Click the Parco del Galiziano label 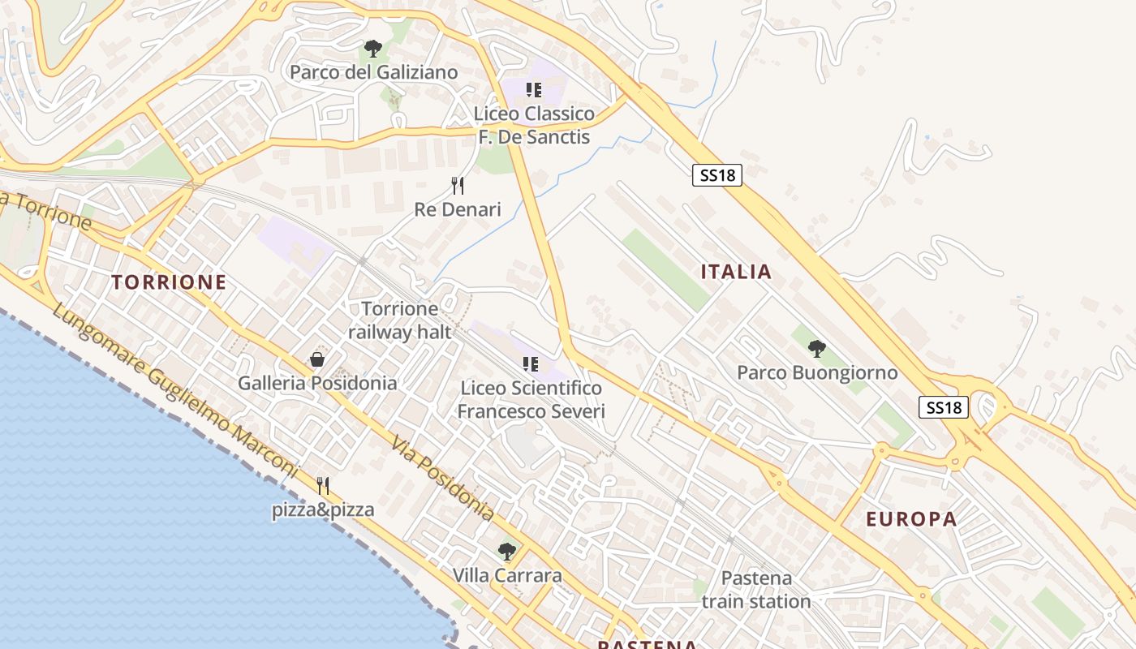[373, 72]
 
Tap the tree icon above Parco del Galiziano [372, 49]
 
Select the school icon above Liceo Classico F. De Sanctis [533, 90]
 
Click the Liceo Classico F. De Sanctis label [534, 125]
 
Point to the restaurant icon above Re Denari [458, 186]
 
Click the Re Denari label [458, 209]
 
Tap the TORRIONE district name [169, 282]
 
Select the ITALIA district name [736, 272]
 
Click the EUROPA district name [911, 519]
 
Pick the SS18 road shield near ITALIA [717, 174]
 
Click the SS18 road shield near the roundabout [945, 407]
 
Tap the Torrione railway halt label [399, 320]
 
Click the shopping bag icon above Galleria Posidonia [317, 359]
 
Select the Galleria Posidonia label [317, 383]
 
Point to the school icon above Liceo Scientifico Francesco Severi [531, 364]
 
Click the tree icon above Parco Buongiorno [817, 349]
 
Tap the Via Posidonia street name [442, 479]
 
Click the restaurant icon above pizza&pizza [323, 486]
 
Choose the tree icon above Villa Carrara [507, 552]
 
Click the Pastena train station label [756, 590]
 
